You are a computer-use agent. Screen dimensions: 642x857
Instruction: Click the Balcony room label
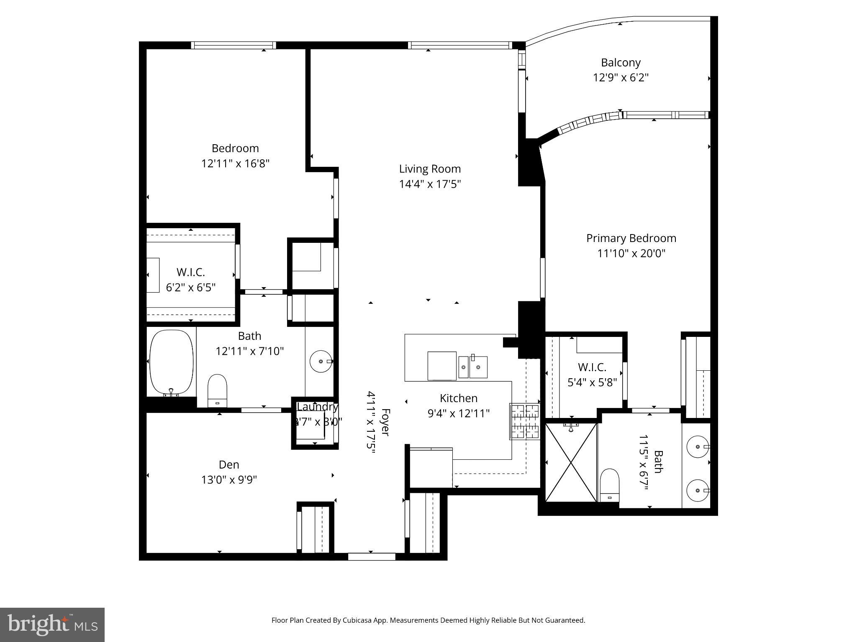click(621, 63)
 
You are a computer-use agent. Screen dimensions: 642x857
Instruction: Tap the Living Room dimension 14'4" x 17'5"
click(430, 184)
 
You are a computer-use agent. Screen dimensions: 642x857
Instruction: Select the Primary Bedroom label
click(631, 238)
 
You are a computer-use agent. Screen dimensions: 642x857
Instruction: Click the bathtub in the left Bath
click(171, 362)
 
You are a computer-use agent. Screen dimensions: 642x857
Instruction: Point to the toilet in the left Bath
click(217, 390)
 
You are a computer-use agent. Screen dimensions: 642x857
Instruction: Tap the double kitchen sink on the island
click(473, 367)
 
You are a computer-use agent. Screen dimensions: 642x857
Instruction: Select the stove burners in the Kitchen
click(524, 421)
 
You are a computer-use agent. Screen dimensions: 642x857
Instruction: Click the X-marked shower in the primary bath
click(571, 462)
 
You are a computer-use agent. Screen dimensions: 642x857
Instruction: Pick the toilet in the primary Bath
click(609, 485)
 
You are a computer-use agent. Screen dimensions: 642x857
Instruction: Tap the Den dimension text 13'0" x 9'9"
click(229, 480)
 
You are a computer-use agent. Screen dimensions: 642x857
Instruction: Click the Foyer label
click(385, 422)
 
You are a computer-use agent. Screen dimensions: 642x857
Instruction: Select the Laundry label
click(317, 407)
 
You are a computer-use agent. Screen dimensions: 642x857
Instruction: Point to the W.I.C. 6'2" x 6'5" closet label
click(191, 273)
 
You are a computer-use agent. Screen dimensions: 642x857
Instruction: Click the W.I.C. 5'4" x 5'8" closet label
click(592, 367)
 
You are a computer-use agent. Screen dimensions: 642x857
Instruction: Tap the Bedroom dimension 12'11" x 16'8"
click(235, 163)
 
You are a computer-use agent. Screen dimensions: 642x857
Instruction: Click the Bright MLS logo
click(52, 624)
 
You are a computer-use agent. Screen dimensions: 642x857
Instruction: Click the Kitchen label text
click(458, 398)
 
